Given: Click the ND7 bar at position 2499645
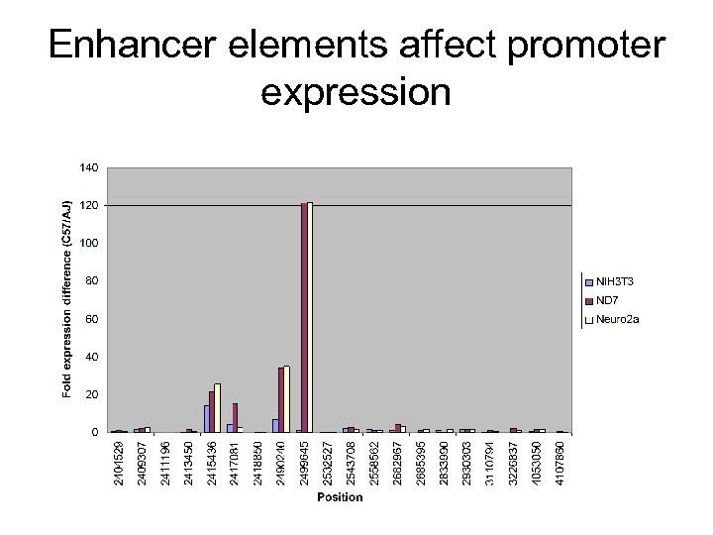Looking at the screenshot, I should (x=304, y=317).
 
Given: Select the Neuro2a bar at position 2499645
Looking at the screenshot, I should (x=310, y=317).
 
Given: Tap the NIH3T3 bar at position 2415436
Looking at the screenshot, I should (x=207, y=418).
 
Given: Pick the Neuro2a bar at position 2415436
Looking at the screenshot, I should (x=218, y=407).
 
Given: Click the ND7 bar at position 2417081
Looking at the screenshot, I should (x=235, y=417).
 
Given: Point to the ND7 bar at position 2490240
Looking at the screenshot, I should (x=280, y=399).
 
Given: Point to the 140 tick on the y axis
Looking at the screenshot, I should (x=88, y=167).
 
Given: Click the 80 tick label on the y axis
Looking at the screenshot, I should (x=91, y=280).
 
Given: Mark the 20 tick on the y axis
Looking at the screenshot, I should (x=91, y=394).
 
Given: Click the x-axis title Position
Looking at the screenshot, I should (x=340, y=496).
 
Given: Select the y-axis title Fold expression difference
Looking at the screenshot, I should (x=67, y=300).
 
